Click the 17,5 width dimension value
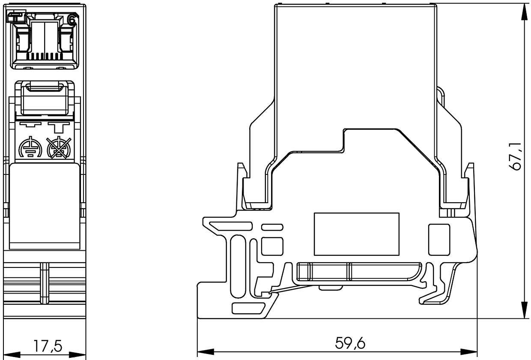coord(47,346)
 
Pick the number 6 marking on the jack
coord(72,20)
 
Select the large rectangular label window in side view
coord(357,234)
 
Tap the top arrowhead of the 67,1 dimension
coord(524,13)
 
